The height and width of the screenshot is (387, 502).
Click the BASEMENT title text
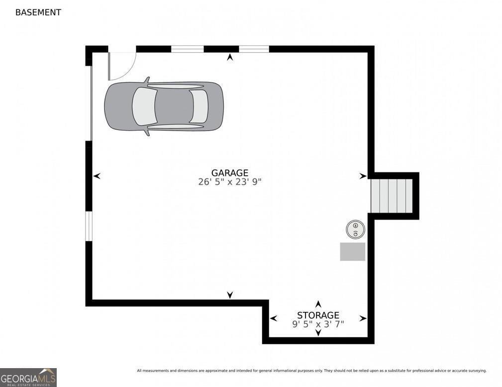pos(38,12)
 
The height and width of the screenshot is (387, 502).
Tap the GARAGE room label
pos(229,173)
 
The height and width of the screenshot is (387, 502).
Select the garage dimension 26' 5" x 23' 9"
pos(229,182)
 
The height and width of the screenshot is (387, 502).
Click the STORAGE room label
pos(318,315)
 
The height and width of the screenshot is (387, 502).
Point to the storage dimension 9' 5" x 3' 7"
pos(318,324)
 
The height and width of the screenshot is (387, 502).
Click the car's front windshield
pos(199,106)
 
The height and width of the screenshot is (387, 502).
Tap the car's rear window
pos(144,106)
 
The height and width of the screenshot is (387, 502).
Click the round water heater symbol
pos(355,229)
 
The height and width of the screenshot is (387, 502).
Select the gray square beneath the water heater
pos(352,251)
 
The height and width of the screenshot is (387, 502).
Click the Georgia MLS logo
pos(28,378)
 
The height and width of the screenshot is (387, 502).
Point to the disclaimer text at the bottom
pos(311,371)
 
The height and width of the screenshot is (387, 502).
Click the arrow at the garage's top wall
pos(229,58)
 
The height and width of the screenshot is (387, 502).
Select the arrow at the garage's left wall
pos(97,176)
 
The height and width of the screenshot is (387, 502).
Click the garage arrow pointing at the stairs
pos(363,176)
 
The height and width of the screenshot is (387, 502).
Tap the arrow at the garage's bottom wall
pos(229,295)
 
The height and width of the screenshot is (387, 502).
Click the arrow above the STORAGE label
pos(318,304)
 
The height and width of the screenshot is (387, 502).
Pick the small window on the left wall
pos(89,226)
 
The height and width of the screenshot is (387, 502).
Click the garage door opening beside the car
pos(91,103)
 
